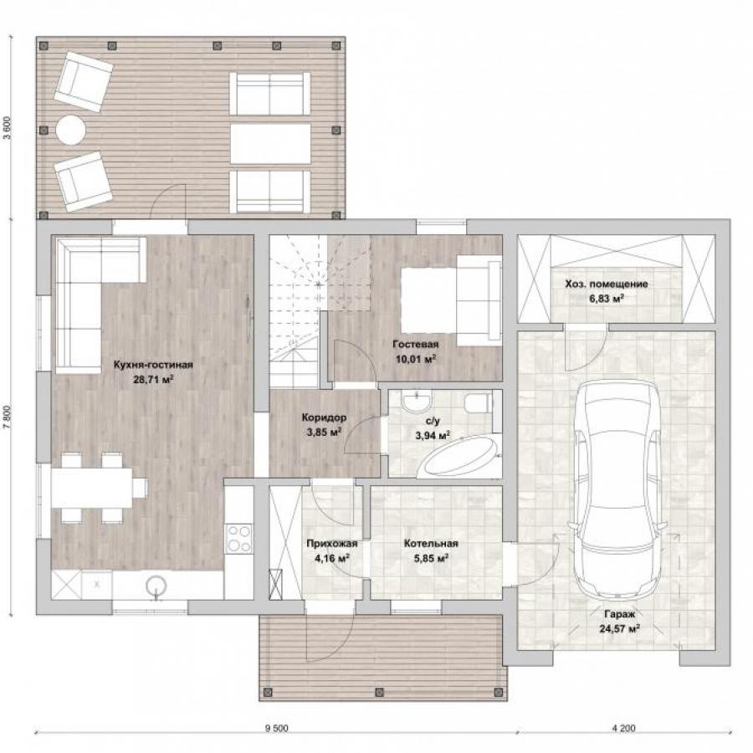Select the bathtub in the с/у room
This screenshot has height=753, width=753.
[458, 456]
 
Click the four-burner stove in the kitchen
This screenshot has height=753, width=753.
[239, 538]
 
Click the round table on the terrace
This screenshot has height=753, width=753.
[71, 130]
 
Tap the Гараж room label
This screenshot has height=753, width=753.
[619, 614]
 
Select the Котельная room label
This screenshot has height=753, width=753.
[431, 544]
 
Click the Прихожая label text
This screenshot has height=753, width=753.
[332, 544]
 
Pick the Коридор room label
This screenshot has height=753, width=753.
[324, 417]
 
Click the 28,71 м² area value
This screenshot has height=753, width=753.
[153, 379]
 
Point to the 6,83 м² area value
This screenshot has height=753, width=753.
[607, 298]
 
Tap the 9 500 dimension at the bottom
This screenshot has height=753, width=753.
[277, 729]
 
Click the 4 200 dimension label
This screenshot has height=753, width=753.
[624, 729]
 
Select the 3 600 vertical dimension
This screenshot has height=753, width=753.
[6, 128]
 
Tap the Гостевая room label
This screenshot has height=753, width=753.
[415, 345]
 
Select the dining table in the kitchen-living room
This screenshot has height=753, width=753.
[91, 488]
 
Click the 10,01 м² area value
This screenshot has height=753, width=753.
[416, 359]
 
